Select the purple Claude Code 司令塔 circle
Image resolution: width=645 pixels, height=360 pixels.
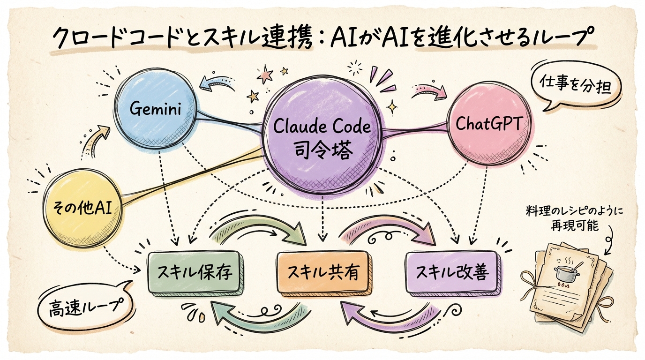pos(322,138)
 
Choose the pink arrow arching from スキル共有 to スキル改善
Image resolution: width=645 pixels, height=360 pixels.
pos(387,230)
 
